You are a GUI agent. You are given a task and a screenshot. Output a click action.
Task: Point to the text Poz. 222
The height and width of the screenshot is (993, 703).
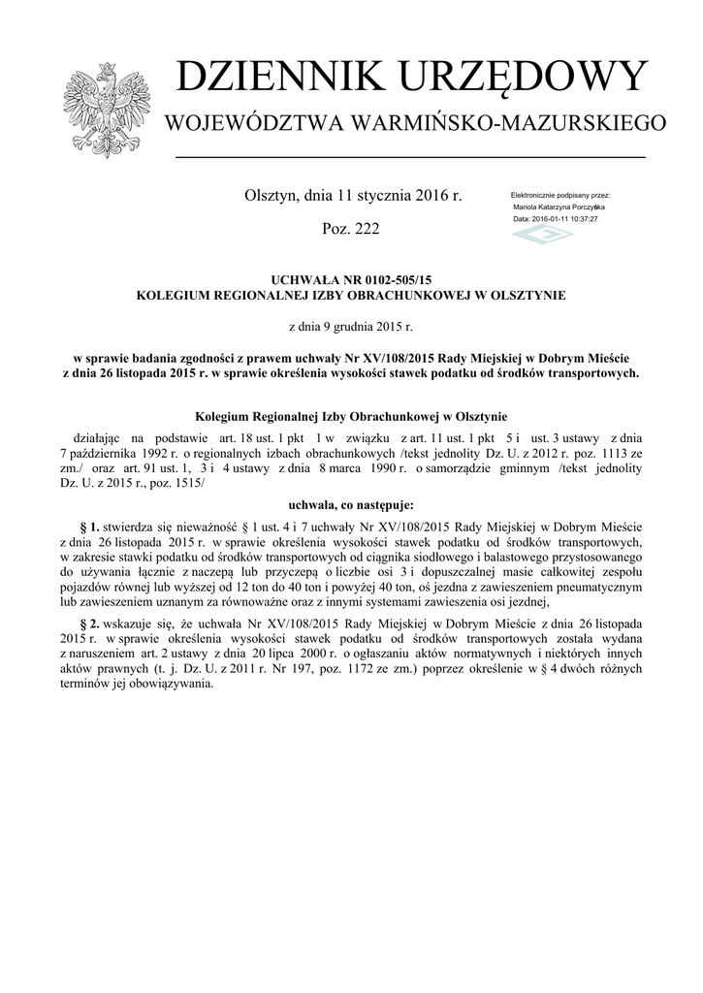350,229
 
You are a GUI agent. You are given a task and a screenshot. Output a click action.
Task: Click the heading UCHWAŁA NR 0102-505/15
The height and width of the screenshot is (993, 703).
351,279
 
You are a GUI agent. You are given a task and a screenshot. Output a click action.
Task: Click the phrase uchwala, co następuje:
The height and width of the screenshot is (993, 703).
351,505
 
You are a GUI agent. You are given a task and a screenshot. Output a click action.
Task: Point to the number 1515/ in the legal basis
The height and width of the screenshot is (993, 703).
185,482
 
